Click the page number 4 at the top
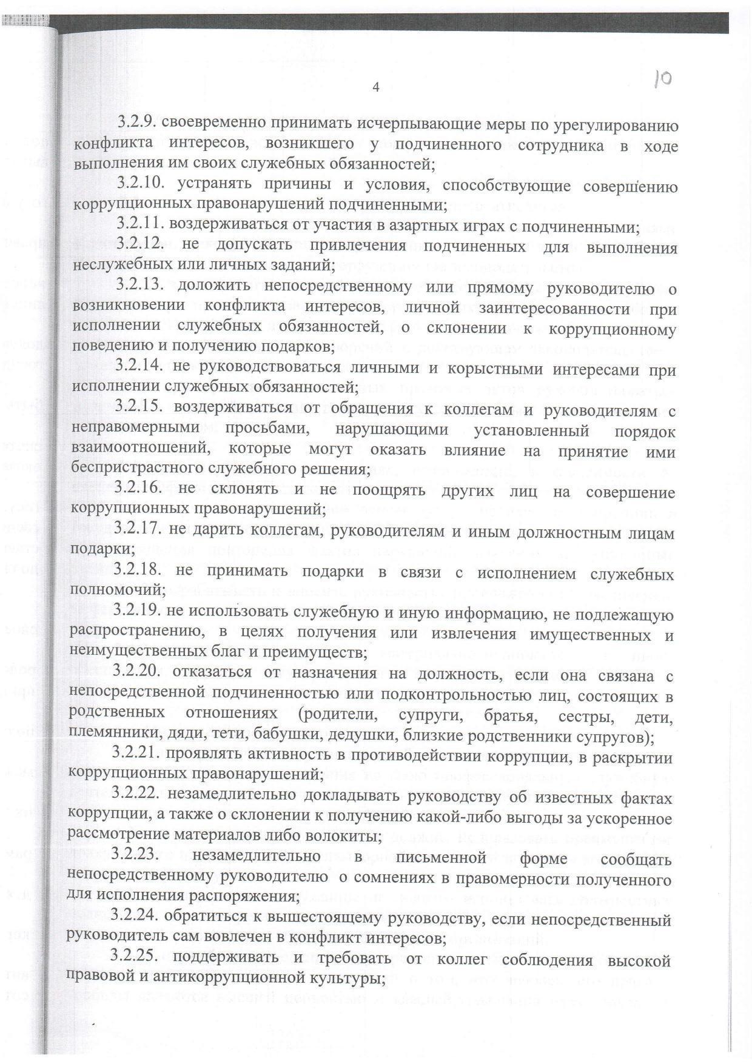375,87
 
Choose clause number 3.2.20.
138,674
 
